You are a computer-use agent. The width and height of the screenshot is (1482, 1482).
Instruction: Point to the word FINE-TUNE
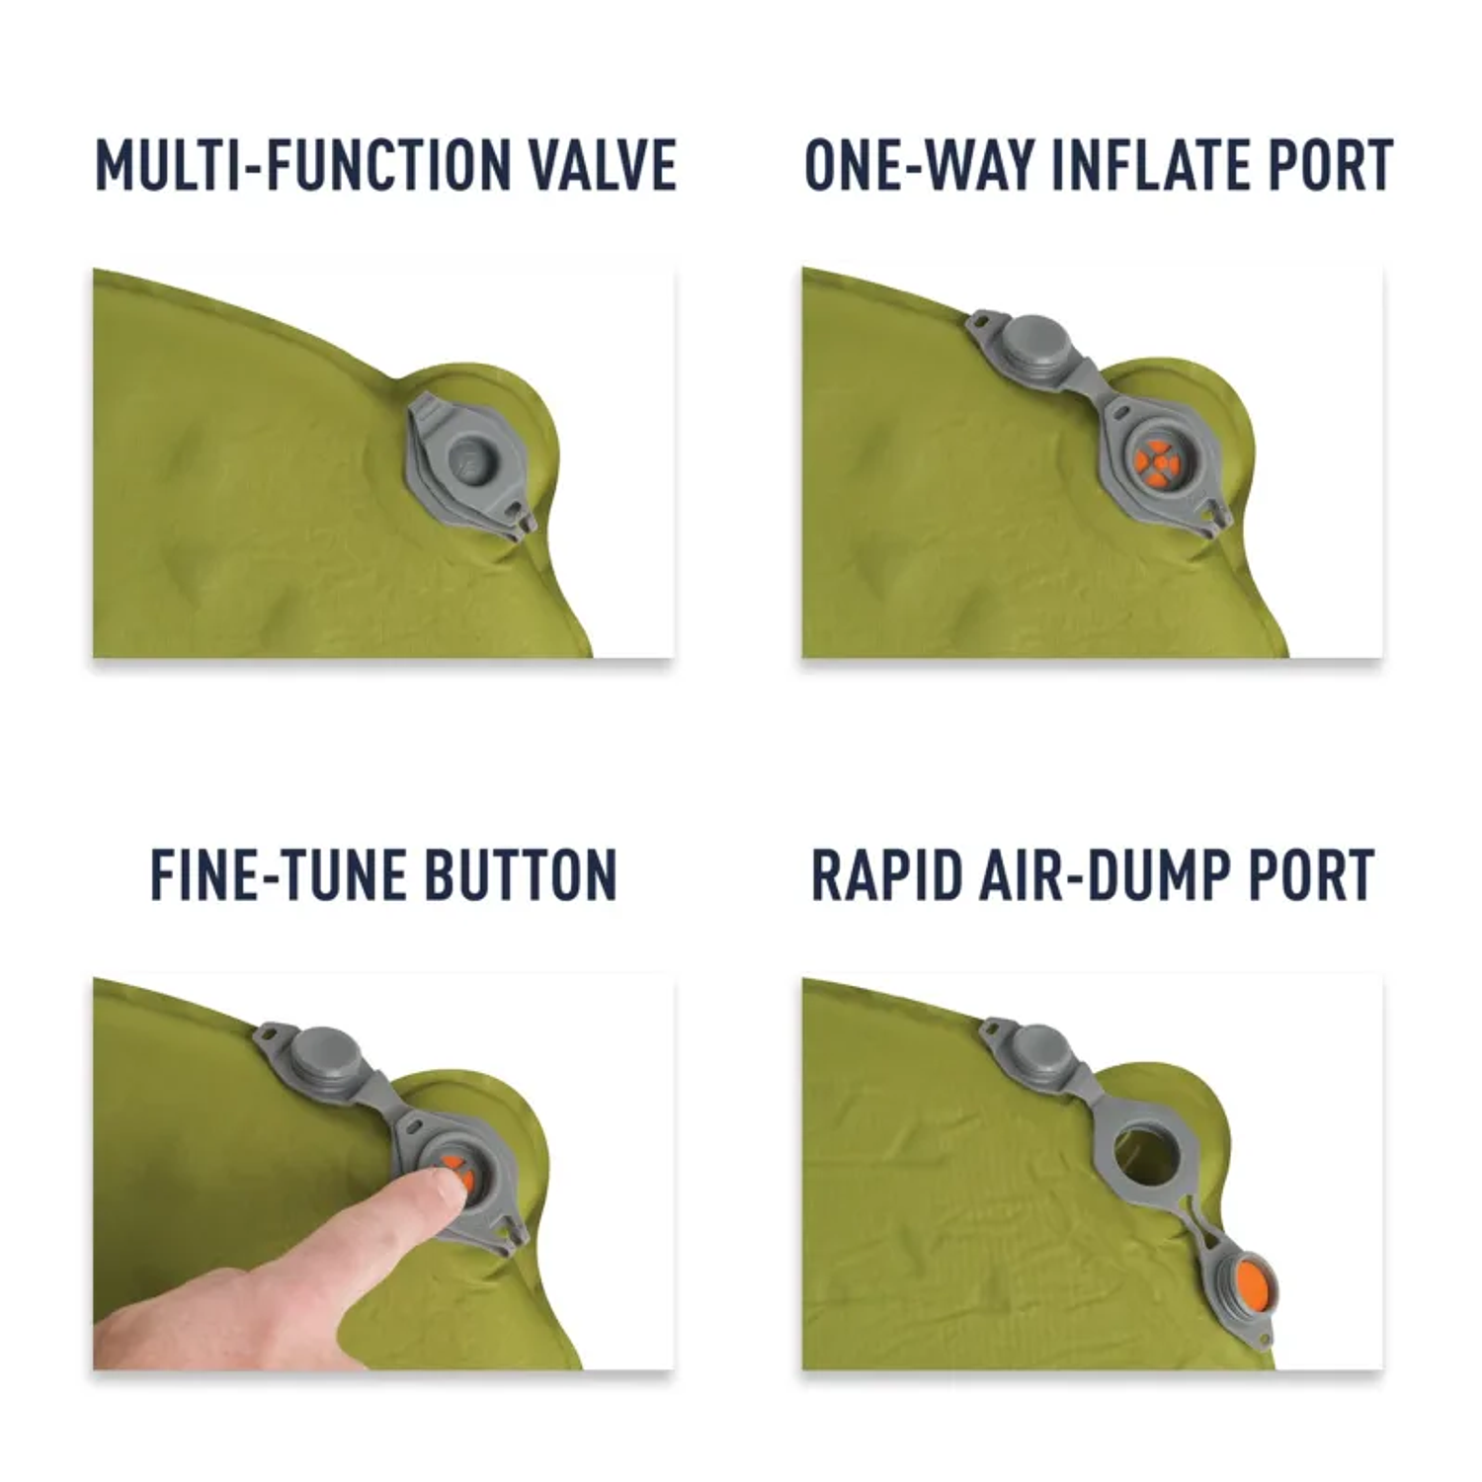[276, 875]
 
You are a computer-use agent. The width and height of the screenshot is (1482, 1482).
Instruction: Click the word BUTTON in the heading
[521, 875]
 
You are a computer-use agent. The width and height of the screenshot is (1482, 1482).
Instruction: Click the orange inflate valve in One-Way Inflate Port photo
[1154, 460]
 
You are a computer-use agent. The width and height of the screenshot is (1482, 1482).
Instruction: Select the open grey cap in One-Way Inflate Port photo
[1030, 341]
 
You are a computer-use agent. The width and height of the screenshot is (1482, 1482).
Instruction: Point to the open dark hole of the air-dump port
[1141, 1153]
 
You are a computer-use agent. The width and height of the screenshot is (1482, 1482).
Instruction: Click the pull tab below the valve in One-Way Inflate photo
[1216, 517]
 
